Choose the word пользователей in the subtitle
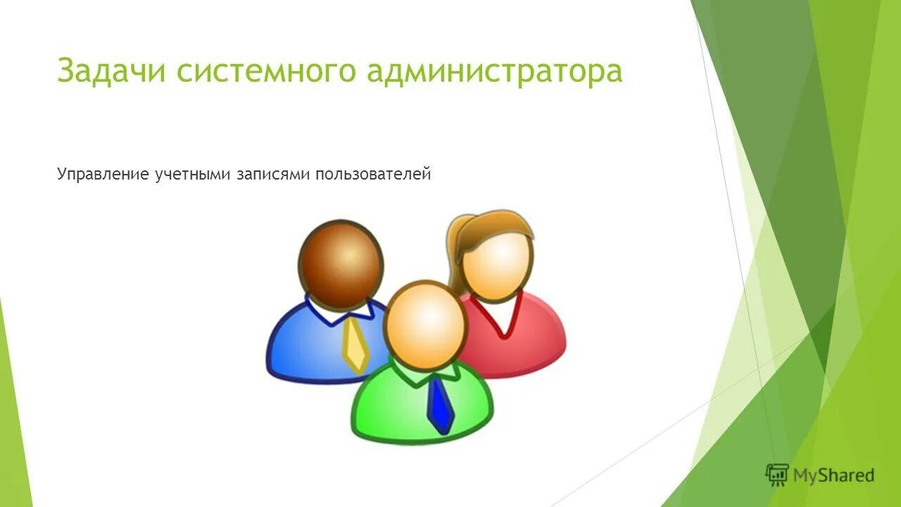click(372, 174)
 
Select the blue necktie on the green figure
click(441, 406)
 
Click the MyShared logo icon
click(776, 475)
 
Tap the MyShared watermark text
click(833, 475)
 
